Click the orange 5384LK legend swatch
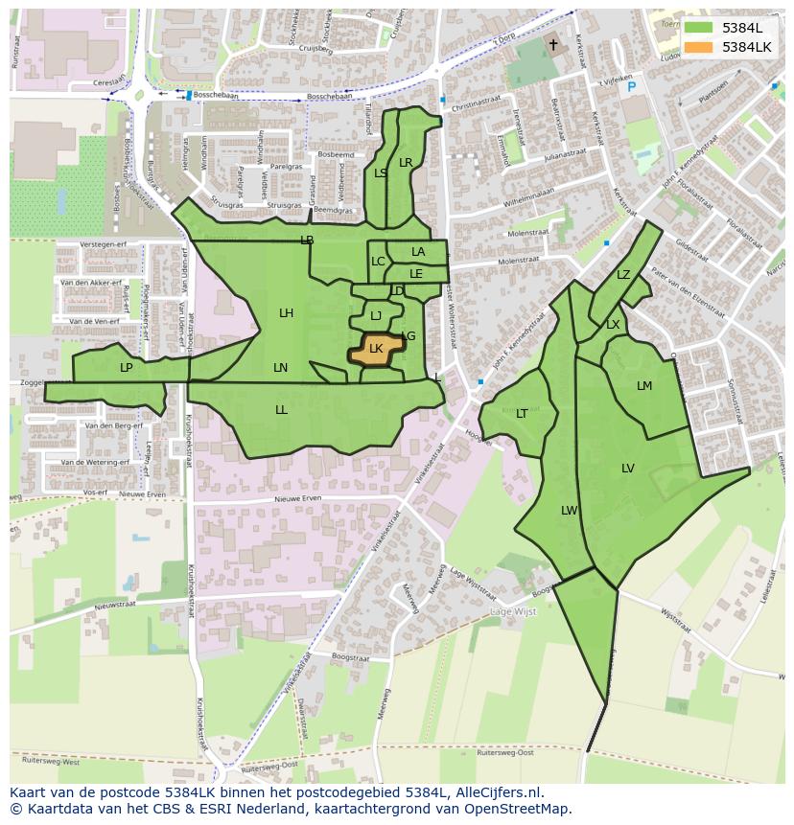pyautogui.click(x=699, y=47)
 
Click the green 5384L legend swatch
pyautogui.click(x=699, y=28)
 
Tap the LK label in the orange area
pyautogui.click(x=376, y=349)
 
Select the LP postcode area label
pyautogui.click(x=126, y=368)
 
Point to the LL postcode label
pyautogui.click(x=281, y=410)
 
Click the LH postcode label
pyautogui.click(x=286, y=313)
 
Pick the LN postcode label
pyautogui.click(x=280, y=368)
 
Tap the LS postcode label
pyautogui.click(x=381, y=173)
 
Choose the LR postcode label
pyautogui.click(x=406, y=163)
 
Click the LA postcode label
pyautogui.click(x=418, y=252)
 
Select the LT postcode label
pyautogui.click(x=522, y=414)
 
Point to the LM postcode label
pyautogui.click(x=644, y=386)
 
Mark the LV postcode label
pyautogui.click(x=627, y=469)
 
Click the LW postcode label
pyautogui.click(x=569, y=511)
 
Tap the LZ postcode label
pyautogui.click(x=623, y=275)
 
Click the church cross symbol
pyautogui.click(x=552, y=45)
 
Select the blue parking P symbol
pyautogui.click(x=631, y=87)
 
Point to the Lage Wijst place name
pyautogui.click(x=515, y=611)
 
